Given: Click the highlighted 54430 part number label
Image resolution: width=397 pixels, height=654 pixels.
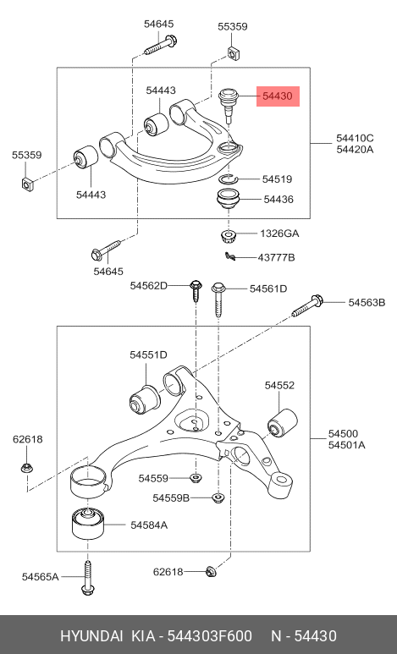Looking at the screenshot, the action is click(278, 96).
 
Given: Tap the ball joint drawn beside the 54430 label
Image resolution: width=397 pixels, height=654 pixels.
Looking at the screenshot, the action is click(229, 105).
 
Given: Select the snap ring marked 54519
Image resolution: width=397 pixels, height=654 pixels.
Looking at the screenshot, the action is click(228, 179).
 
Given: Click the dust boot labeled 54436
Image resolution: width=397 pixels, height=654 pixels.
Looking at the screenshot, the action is click(228, 201).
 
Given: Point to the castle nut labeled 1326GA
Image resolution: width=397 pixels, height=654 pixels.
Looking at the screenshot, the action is click(228, 236).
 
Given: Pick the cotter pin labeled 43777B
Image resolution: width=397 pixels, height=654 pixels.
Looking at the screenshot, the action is click(230, 256).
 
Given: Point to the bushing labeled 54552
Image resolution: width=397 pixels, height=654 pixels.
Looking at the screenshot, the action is click(283, 422).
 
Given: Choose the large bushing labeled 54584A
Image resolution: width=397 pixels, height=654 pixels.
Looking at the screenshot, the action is click(88, 523).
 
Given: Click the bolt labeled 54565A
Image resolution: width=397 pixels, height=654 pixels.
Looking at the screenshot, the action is click(87, 577).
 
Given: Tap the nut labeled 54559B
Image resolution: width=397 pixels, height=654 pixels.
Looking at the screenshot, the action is click(218, 497).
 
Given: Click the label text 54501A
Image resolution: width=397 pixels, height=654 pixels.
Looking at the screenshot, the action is click(346, 445).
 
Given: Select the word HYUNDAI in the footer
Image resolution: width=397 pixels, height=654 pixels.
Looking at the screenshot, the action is click(91, 636).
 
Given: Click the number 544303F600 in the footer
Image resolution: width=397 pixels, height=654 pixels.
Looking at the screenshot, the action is click(210, 636).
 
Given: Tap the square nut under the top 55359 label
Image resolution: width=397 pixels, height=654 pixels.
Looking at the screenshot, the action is click(233, 53).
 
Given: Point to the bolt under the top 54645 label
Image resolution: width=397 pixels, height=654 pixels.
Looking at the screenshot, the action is click(160, 45).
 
